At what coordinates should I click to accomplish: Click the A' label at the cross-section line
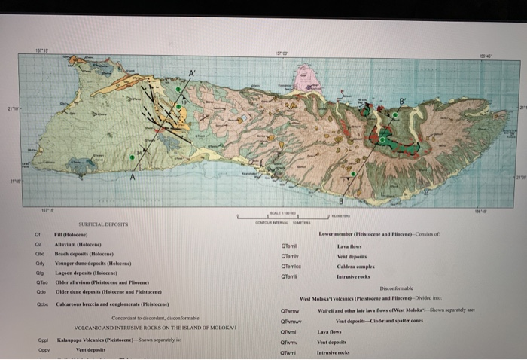coord(193,72)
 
